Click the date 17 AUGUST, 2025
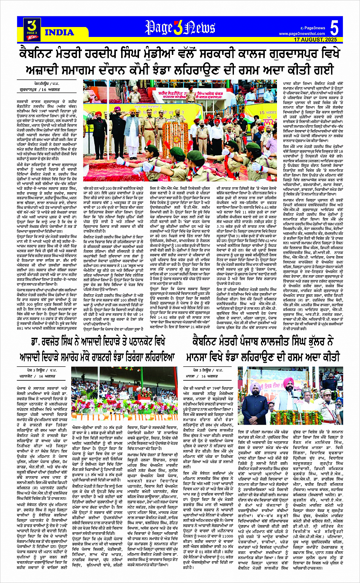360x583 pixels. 315,40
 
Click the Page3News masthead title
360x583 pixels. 180,28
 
